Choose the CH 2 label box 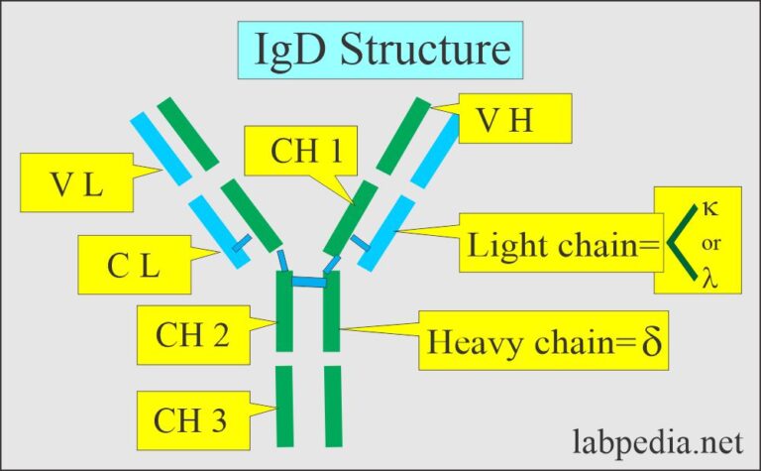pos(192,335)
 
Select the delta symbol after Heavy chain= pos(650,344)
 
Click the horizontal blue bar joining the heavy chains pos(308,283)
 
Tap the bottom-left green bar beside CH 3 pos(283,407)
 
